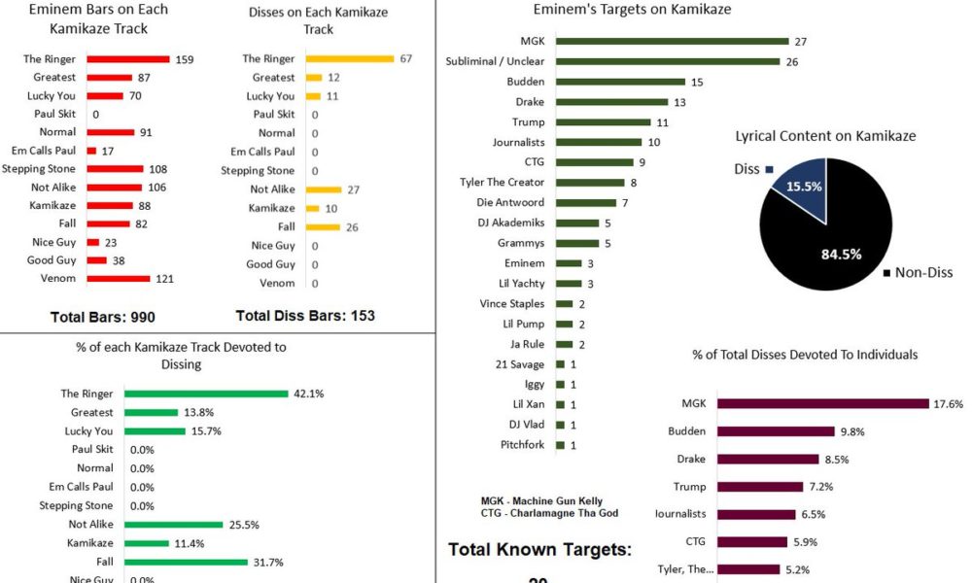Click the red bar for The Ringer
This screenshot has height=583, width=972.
click(x=128, y=59)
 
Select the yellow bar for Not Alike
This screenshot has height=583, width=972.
click(x=324, y=189)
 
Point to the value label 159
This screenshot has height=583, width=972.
click(x=185, y=59)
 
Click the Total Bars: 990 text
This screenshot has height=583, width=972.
click(x=102, y=317)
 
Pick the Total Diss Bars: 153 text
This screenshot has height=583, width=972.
click(x=305, y=316)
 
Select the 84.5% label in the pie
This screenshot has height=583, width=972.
click(x=815, y=256)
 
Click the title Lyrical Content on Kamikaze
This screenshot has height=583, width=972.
click(x=825, y=137)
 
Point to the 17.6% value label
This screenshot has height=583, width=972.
click(x=949, y=403)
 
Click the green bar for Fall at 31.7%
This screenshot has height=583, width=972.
click(x=187, y=561)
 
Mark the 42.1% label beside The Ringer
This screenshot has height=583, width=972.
click(x=308, y=394)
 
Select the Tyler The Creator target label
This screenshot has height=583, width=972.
click(x=502, y=183)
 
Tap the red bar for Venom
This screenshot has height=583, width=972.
click(x=119, y=279)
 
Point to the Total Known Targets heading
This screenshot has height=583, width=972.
click(x=539, y=550)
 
